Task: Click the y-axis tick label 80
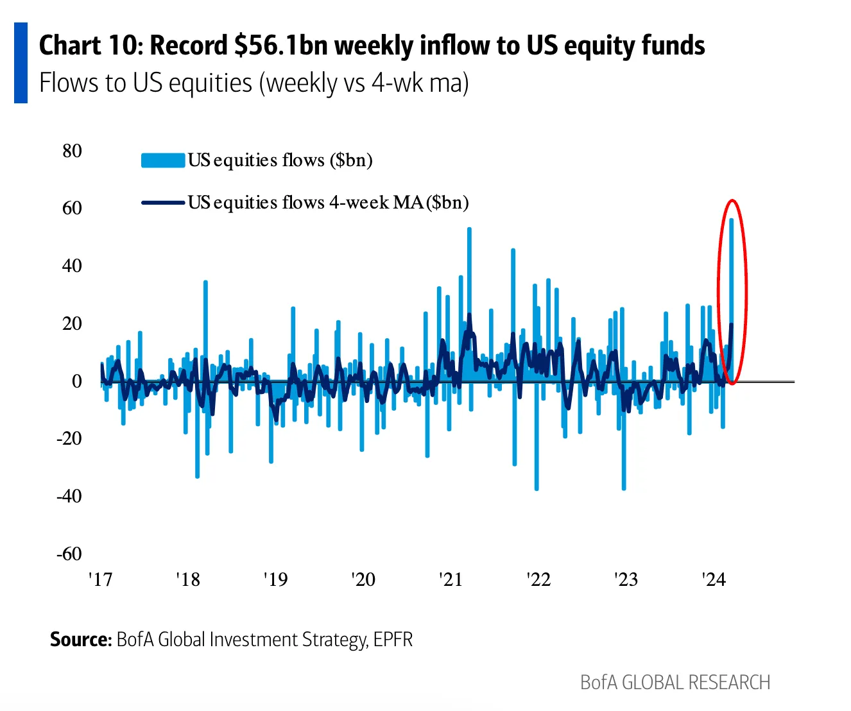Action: coord(72,151)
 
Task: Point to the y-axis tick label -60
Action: coord(69,554)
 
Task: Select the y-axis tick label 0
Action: coord(77,381)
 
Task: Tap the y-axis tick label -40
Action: coord(69,496)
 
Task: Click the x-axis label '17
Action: coord(100,579)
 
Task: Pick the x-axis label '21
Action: coord(451,579)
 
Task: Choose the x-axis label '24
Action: coord(714,579)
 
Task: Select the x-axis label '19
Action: coord(275,579)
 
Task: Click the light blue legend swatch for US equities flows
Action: coord(163,160)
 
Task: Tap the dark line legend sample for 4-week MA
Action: coord(163,203)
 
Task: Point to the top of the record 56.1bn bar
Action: coord(731,220)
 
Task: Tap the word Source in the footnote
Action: coord(80,640)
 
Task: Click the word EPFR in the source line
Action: coord(393,640)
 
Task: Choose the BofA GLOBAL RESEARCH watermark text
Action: coord(675,682)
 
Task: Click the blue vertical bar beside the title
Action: coord(21,63)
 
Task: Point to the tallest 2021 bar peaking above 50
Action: coord(469,230)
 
